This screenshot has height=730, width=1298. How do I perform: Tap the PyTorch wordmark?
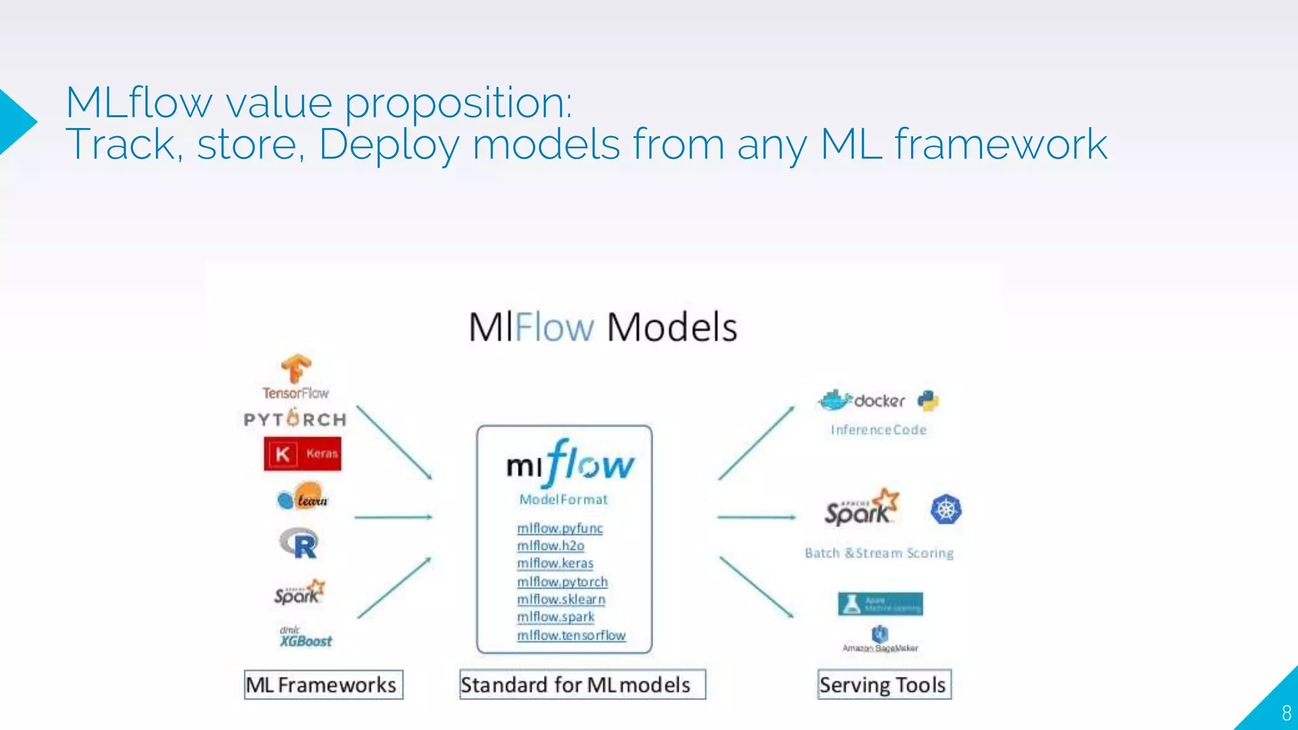[x=295, y=419]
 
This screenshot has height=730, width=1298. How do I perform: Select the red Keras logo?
[x=302, y=454]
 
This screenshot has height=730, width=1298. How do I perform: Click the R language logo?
[x=299, y=544]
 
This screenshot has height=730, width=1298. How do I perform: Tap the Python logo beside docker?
[x=929, y=400]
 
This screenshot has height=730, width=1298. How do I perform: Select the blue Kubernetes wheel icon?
[x=946, y=509]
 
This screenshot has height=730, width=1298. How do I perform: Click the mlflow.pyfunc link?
[x=560, y=528]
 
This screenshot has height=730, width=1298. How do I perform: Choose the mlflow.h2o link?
[x=550, y=546]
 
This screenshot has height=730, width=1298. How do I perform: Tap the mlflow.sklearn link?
[x=561, y=599]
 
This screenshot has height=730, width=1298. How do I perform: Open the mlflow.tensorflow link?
[x=571, y=635]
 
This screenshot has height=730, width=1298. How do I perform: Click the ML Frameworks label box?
[x=323, y=685]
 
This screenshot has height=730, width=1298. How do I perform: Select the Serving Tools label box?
[x=884, y=685]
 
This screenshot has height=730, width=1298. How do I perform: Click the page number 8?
[x=1286, y=714]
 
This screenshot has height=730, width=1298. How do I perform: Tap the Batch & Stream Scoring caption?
[x=879, y=553]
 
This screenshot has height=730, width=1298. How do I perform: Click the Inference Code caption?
[x=878, y=430]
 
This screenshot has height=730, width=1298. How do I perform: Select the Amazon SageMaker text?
[x=880, y=648]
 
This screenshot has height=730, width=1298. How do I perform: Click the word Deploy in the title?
[x=389, y=144]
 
